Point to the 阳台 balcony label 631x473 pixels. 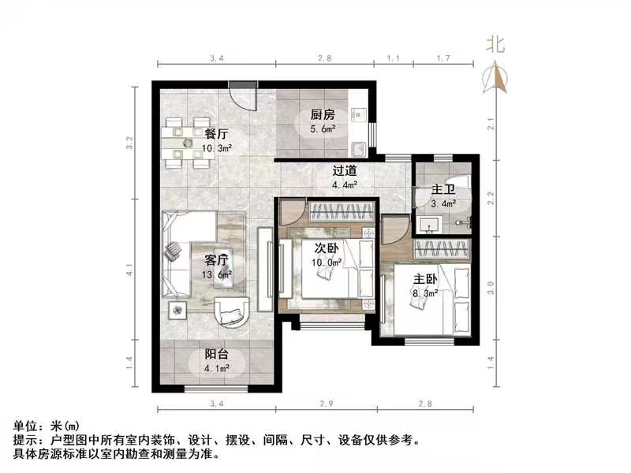pyautogui.click(x=207, y=355)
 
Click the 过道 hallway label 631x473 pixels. pyautogui.click(x=344, y=170)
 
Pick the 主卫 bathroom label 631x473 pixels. pyautogui.click(x=442, y=190)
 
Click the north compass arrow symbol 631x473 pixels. pyautogui.click(x=497, y=77)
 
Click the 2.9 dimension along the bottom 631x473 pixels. pyautogui.click(x=327, y=404)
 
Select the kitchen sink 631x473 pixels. pyautogui.click(x=359, y=147)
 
